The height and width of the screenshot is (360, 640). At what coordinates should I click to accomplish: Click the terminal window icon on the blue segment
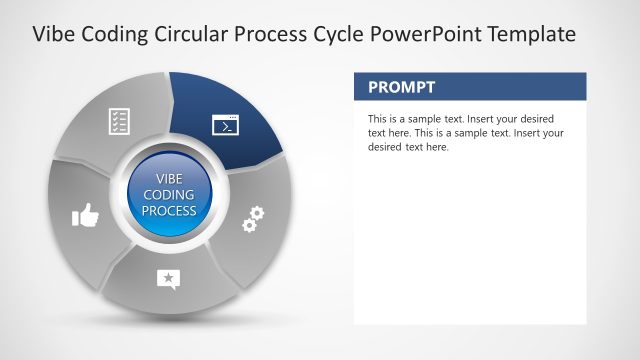(x=227, y=125)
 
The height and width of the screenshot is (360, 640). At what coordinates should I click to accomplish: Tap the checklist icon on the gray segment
(x=120, y=122)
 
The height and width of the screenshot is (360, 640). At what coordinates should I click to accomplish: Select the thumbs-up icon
(x=85, y=214)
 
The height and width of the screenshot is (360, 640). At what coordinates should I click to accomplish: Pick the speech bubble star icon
(x=168, y=279)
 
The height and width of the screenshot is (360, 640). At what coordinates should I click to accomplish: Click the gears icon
(x=254, y=218)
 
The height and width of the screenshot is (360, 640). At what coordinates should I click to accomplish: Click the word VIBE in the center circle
(x=169, y=179)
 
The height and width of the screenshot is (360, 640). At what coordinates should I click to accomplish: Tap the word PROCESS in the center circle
(x=169, y=211)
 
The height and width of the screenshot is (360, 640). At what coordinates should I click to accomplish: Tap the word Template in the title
(x=530, y=34)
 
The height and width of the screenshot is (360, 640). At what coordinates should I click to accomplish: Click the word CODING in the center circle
(x=169, y=195)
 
